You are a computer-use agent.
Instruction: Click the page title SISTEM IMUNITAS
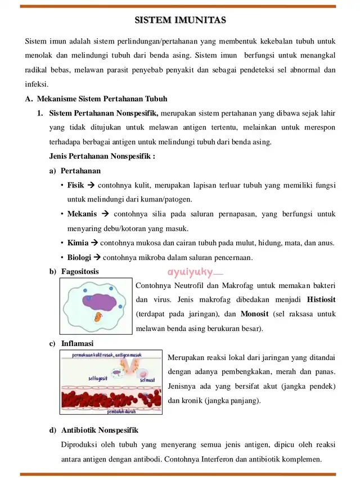[x=180, y=21]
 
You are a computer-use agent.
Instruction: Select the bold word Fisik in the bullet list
[x=75, y=185]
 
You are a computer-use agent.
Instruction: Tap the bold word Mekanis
[x=82, y=214]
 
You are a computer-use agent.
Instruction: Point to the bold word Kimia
[x=78, y=243]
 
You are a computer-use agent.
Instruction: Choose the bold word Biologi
[x=79, y=258]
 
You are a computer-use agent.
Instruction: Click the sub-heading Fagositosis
[x=80, y=271]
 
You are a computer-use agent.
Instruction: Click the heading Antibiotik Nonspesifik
[x=100, y=430]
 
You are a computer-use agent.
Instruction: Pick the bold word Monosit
[x=254, y=313]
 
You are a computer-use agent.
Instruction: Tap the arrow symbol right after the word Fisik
[x=91, y=185]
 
